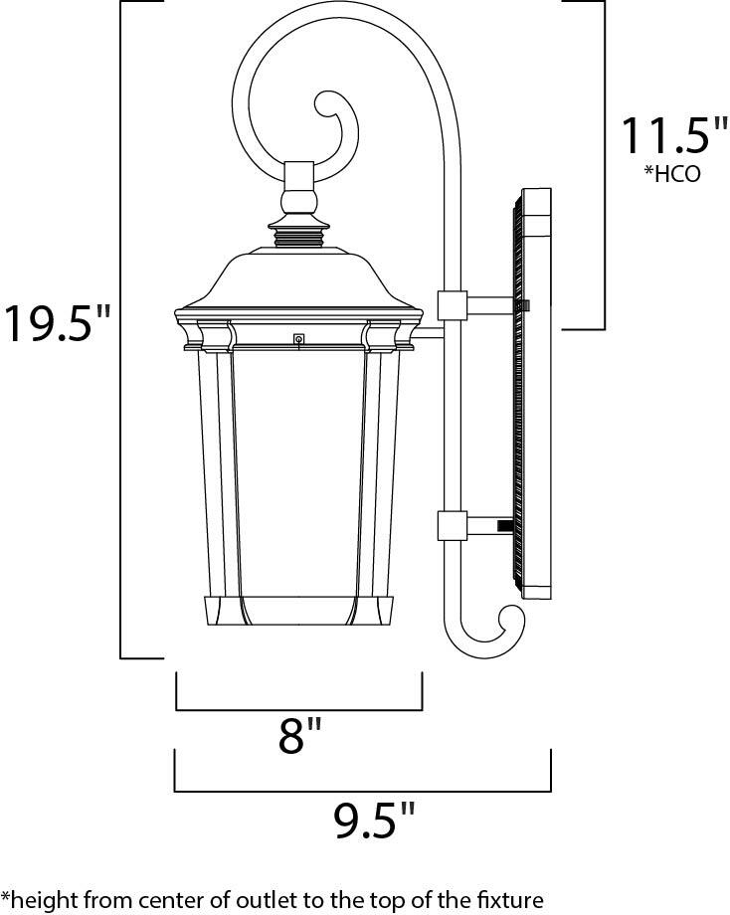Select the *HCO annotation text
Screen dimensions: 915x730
click(673, 173)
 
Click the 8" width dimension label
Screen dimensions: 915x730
click(299, 737)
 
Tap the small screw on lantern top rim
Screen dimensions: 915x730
click(297, 338)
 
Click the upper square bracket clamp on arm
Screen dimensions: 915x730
click(453, 305)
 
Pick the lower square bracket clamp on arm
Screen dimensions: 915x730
click(453, 524)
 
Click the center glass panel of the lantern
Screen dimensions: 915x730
click(298, 467)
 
